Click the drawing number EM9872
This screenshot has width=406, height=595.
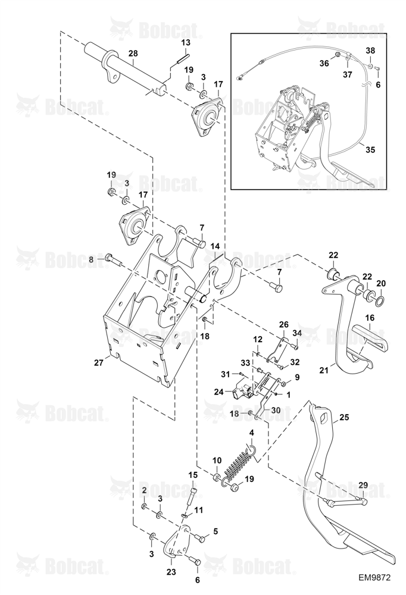pyautogui.click(x=374, y=577)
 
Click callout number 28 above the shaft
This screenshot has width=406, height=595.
pyautogui.click(x=133, y=53)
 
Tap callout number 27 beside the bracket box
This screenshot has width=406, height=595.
pyautogui.click(x=99, y=362)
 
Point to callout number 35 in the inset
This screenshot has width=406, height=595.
pyautogui.click(x=370, y=150)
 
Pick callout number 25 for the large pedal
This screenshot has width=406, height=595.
pyautogui.click(x=343, y=417)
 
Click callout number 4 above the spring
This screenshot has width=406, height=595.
pyautogui.click(x=251, y=433)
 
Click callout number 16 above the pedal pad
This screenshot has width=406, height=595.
pyautogui.click(x=370, y=317)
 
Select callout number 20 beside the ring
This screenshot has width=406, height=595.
pyautogui.click(x=381, y=283)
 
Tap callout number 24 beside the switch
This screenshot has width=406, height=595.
pyautogui.click(x=218, y=392)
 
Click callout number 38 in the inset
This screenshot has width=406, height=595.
pyautogui.click(x=370, y=50)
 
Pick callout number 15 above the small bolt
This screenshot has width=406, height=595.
pyautogui.click(x=193, y=475)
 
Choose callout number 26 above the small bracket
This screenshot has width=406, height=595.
pyautogui.click(x=284, y=325)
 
